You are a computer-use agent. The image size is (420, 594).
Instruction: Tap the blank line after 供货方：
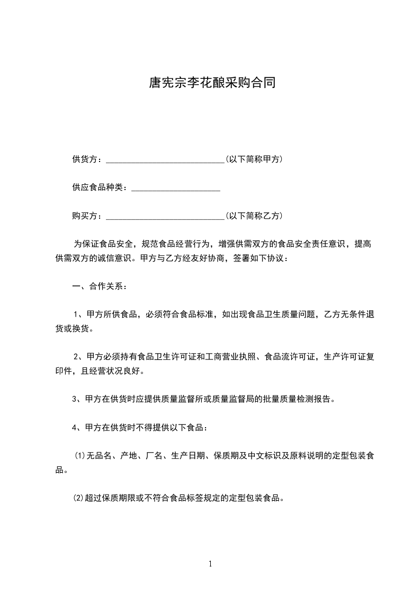(165, 159)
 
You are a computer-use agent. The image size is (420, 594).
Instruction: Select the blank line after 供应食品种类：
(175, 188)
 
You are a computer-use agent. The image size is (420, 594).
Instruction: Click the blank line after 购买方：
(165, 217)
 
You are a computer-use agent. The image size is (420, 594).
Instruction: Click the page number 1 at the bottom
(210, 564)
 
